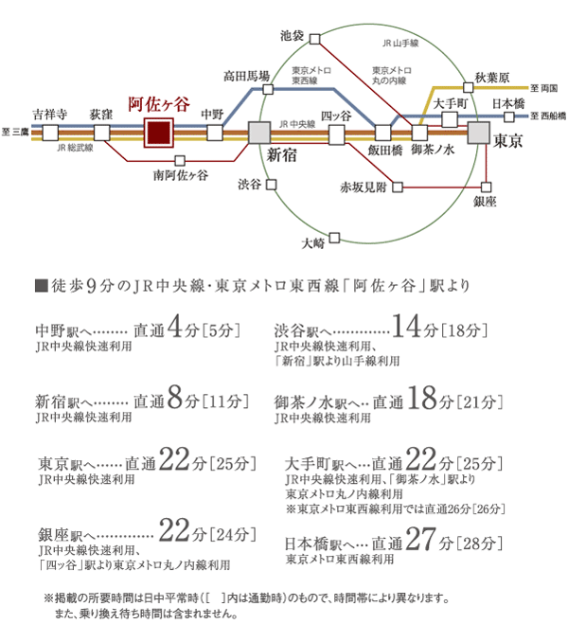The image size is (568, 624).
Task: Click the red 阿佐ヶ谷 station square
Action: (158, 134)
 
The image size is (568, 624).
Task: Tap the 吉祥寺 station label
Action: (49, 112)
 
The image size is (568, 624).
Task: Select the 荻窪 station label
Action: (101, 112)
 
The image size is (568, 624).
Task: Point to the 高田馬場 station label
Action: (246, 76)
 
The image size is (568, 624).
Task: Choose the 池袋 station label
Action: (293, 36)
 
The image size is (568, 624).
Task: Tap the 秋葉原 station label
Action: (493, 77)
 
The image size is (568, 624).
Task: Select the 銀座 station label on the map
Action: (486, 202)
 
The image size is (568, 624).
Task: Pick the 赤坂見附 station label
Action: (364, 187)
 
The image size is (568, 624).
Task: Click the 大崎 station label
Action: (312, 242)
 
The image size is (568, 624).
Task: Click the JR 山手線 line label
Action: (400, 44)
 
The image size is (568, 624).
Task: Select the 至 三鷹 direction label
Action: (16, 132)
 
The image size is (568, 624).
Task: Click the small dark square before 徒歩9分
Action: (39, 285)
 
